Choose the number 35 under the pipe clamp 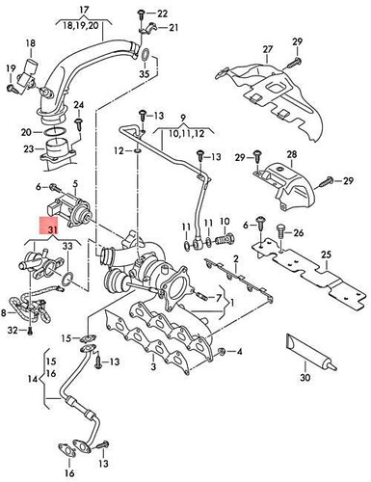point(145,73)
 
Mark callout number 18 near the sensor point(32,44)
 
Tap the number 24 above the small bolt point(78,103)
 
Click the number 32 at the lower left point(13,331)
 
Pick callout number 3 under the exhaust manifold point(151,368)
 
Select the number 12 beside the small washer point(119,149)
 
